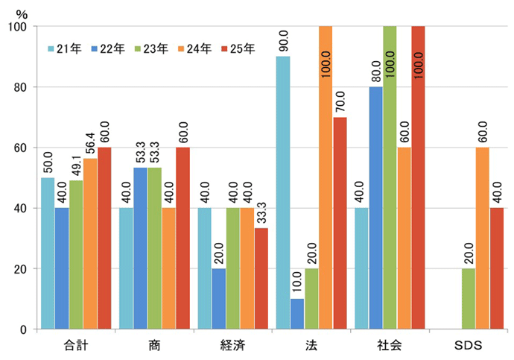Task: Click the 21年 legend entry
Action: pos(65,48)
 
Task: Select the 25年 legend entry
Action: pos(238,48)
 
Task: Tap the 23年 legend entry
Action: pos(151,48)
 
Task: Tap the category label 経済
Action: pos(232,345)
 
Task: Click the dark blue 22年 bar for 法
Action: pos(297,314)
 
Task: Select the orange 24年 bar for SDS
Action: pos(483,238)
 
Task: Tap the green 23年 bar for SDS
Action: pos(469,299)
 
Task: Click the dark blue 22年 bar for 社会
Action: pos(375,208)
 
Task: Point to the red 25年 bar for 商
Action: pos(183,238)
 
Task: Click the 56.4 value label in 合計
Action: pos(91,140)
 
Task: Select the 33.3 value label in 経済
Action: pos(261,211)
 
